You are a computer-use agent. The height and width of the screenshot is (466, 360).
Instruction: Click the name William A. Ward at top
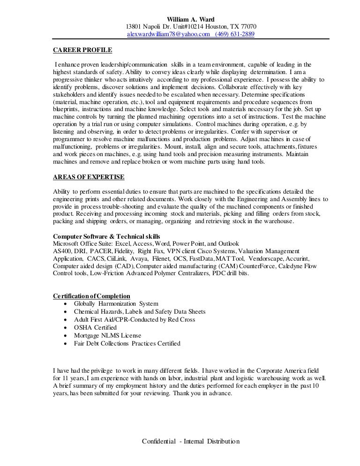tap(191, 19)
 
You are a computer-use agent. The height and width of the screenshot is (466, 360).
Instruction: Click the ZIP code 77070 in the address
tap(247, 27)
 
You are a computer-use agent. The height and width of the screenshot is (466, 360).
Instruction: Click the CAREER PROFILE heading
tap(82, 49)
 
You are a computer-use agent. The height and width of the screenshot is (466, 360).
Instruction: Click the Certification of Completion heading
tap(91, 296)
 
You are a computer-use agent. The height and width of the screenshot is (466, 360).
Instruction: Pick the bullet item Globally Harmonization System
tap(116, 304)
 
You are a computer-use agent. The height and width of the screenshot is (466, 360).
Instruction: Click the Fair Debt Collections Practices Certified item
tap(127, 344)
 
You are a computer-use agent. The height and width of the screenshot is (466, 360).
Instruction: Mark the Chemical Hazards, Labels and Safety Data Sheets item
tap(140, 312)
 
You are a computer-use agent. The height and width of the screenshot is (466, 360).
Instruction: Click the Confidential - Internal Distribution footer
tap(191, 442)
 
